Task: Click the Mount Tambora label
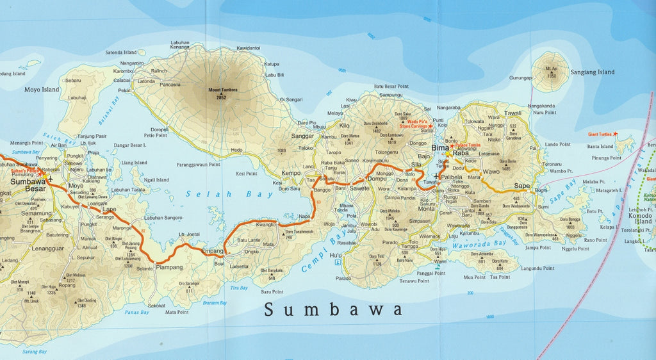coord(222,89)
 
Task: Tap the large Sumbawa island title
coord(334,310)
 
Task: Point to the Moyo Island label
coord(42,90)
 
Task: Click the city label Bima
coord(440,148)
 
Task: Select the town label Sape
coord(522,186)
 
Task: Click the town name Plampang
coord(168,267)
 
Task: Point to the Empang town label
coord(212,250)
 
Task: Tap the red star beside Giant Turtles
coord(616,134)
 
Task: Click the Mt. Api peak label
coord(552,69)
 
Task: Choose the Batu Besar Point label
coord(391,86)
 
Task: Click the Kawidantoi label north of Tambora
coord(248,49)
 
